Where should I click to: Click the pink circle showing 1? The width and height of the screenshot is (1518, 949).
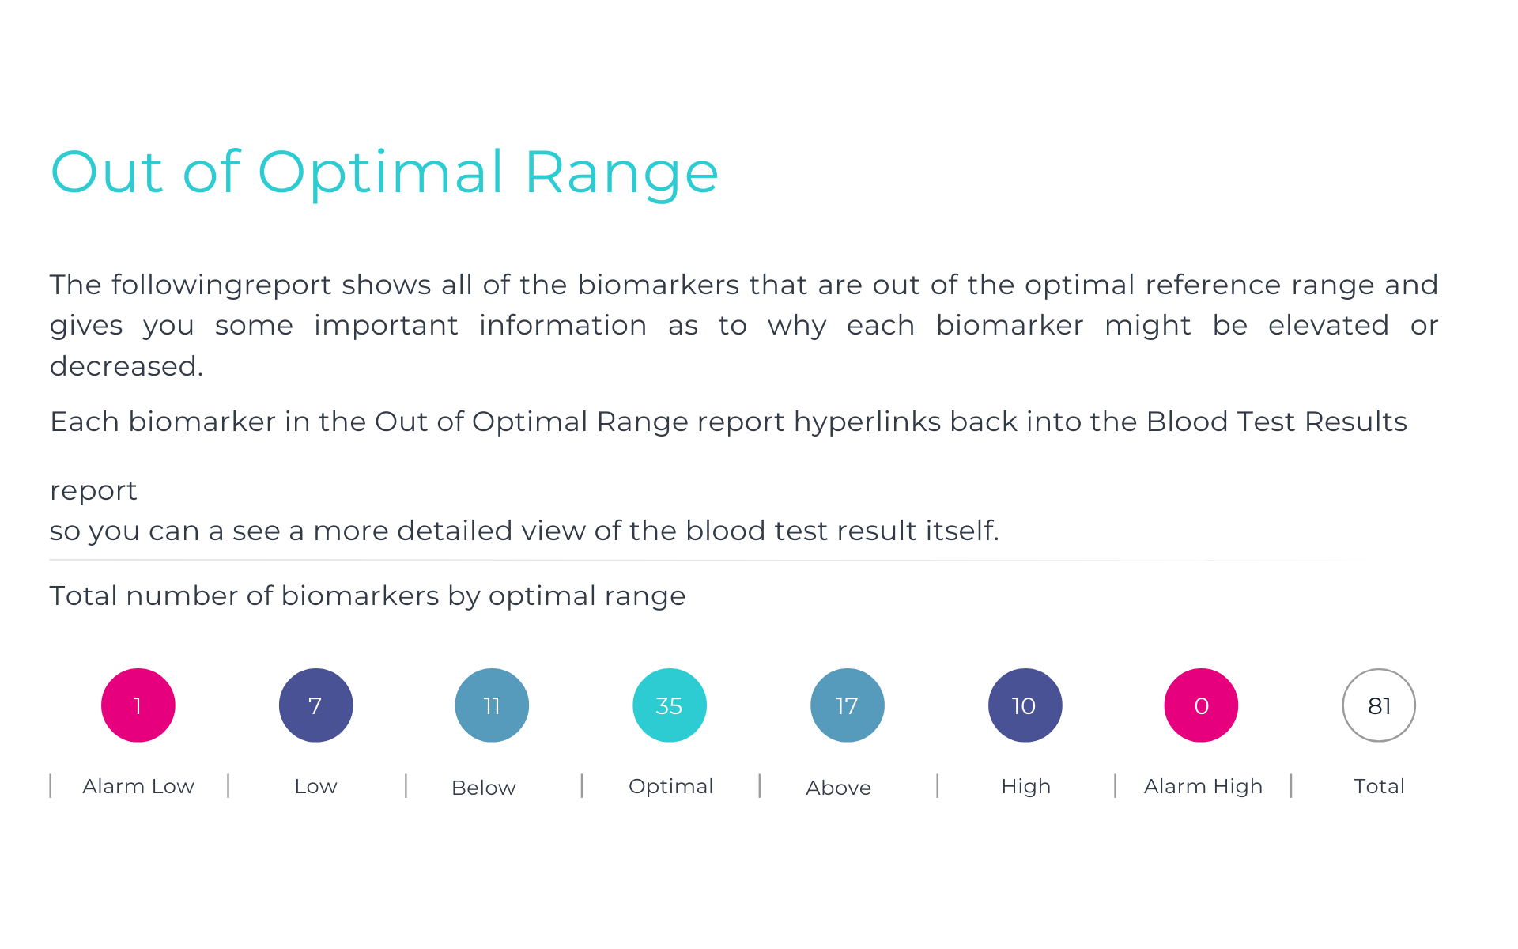click(x=138, y=705)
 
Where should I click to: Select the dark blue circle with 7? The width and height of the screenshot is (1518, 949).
click(x=315, y=705)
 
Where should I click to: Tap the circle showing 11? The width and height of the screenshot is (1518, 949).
click(x=492, y=705)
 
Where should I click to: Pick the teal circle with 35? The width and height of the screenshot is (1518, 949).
click(x=670, y=705)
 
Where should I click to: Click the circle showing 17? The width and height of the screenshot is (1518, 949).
click(x=848, y=705)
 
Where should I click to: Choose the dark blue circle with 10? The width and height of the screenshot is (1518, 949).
click(x=1025, y=705)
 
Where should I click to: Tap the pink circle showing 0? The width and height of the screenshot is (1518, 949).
click(x=1201, y=705)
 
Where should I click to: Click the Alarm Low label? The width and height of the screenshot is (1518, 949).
click(x=138, y=786)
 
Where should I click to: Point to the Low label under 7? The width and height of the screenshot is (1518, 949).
click(x=315, y=786)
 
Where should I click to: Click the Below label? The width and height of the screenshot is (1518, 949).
click(x=483, y=788)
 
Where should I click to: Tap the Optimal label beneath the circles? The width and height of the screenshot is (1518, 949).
click(x=670, y=787)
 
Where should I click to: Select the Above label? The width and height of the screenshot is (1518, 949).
click(x=838, y=788)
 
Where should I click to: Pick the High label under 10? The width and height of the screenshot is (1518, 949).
click(x=1025, y=787)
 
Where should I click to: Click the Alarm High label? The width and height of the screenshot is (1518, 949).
click(x=1203, y=787)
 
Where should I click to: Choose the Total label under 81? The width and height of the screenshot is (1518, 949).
click(x=1379, y=786)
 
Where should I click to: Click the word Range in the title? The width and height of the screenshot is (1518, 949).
click(x=621, y=174)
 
